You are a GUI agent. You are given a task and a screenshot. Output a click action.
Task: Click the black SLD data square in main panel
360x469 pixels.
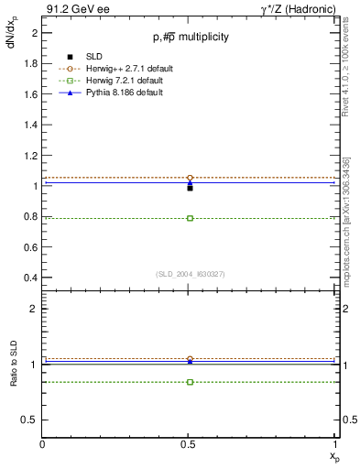click(190, 188)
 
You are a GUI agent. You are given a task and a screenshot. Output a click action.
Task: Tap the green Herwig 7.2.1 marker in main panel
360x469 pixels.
click(190, 218)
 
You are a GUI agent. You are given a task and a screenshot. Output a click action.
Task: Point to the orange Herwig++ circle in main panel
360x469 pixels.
click(190, 178)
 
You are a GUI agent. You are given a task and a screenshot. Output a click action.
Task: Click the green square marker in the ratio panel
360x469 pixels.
click(190, 381)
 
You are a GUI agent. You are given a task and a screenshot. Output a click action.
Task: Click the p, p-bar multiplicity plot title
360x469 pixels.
click(191, 38)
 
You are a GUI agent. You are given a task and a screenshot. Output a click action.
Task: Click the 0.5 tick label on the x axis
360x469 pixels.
click(190, 444)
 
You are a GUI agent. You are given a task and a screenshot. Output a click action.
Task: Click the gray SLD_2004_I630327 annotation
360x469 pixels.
click(190, 273)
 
